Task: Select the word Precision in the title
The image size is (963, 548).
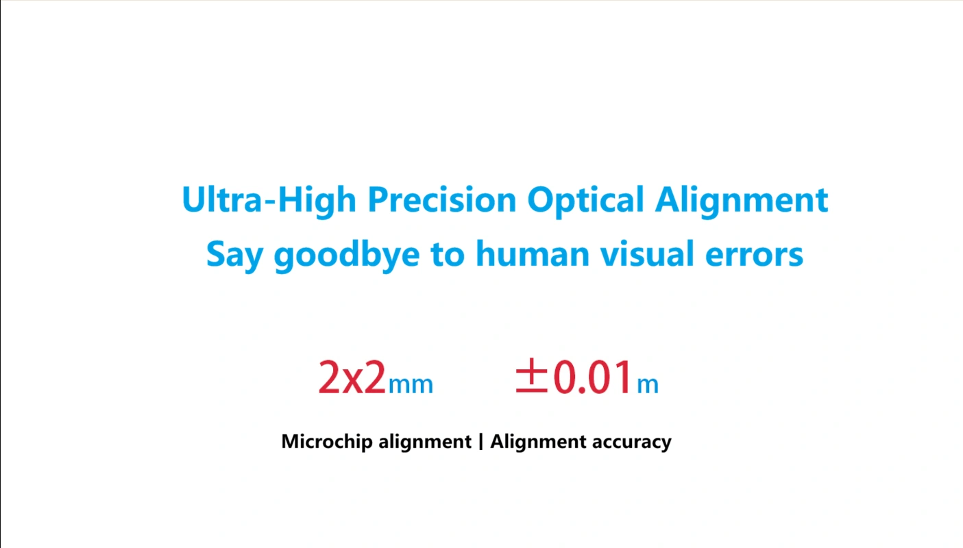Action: pos(442,199)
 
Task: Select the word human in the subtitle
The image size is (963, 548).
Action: pos(533,253)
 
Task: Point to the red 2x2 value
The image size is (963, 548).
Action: pos(352,377)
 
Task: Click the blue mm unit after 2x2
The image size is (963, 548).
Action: pos(411,384)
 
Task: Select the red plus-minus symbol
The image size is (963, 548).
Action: pos(532,375)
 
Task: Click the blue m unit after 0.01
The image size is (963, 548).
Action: pos(648,384)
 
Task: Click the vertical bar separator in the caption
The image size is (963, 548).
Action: pos(480,442)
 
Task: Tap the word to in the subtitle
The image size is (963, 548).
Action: pos(448,254)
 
